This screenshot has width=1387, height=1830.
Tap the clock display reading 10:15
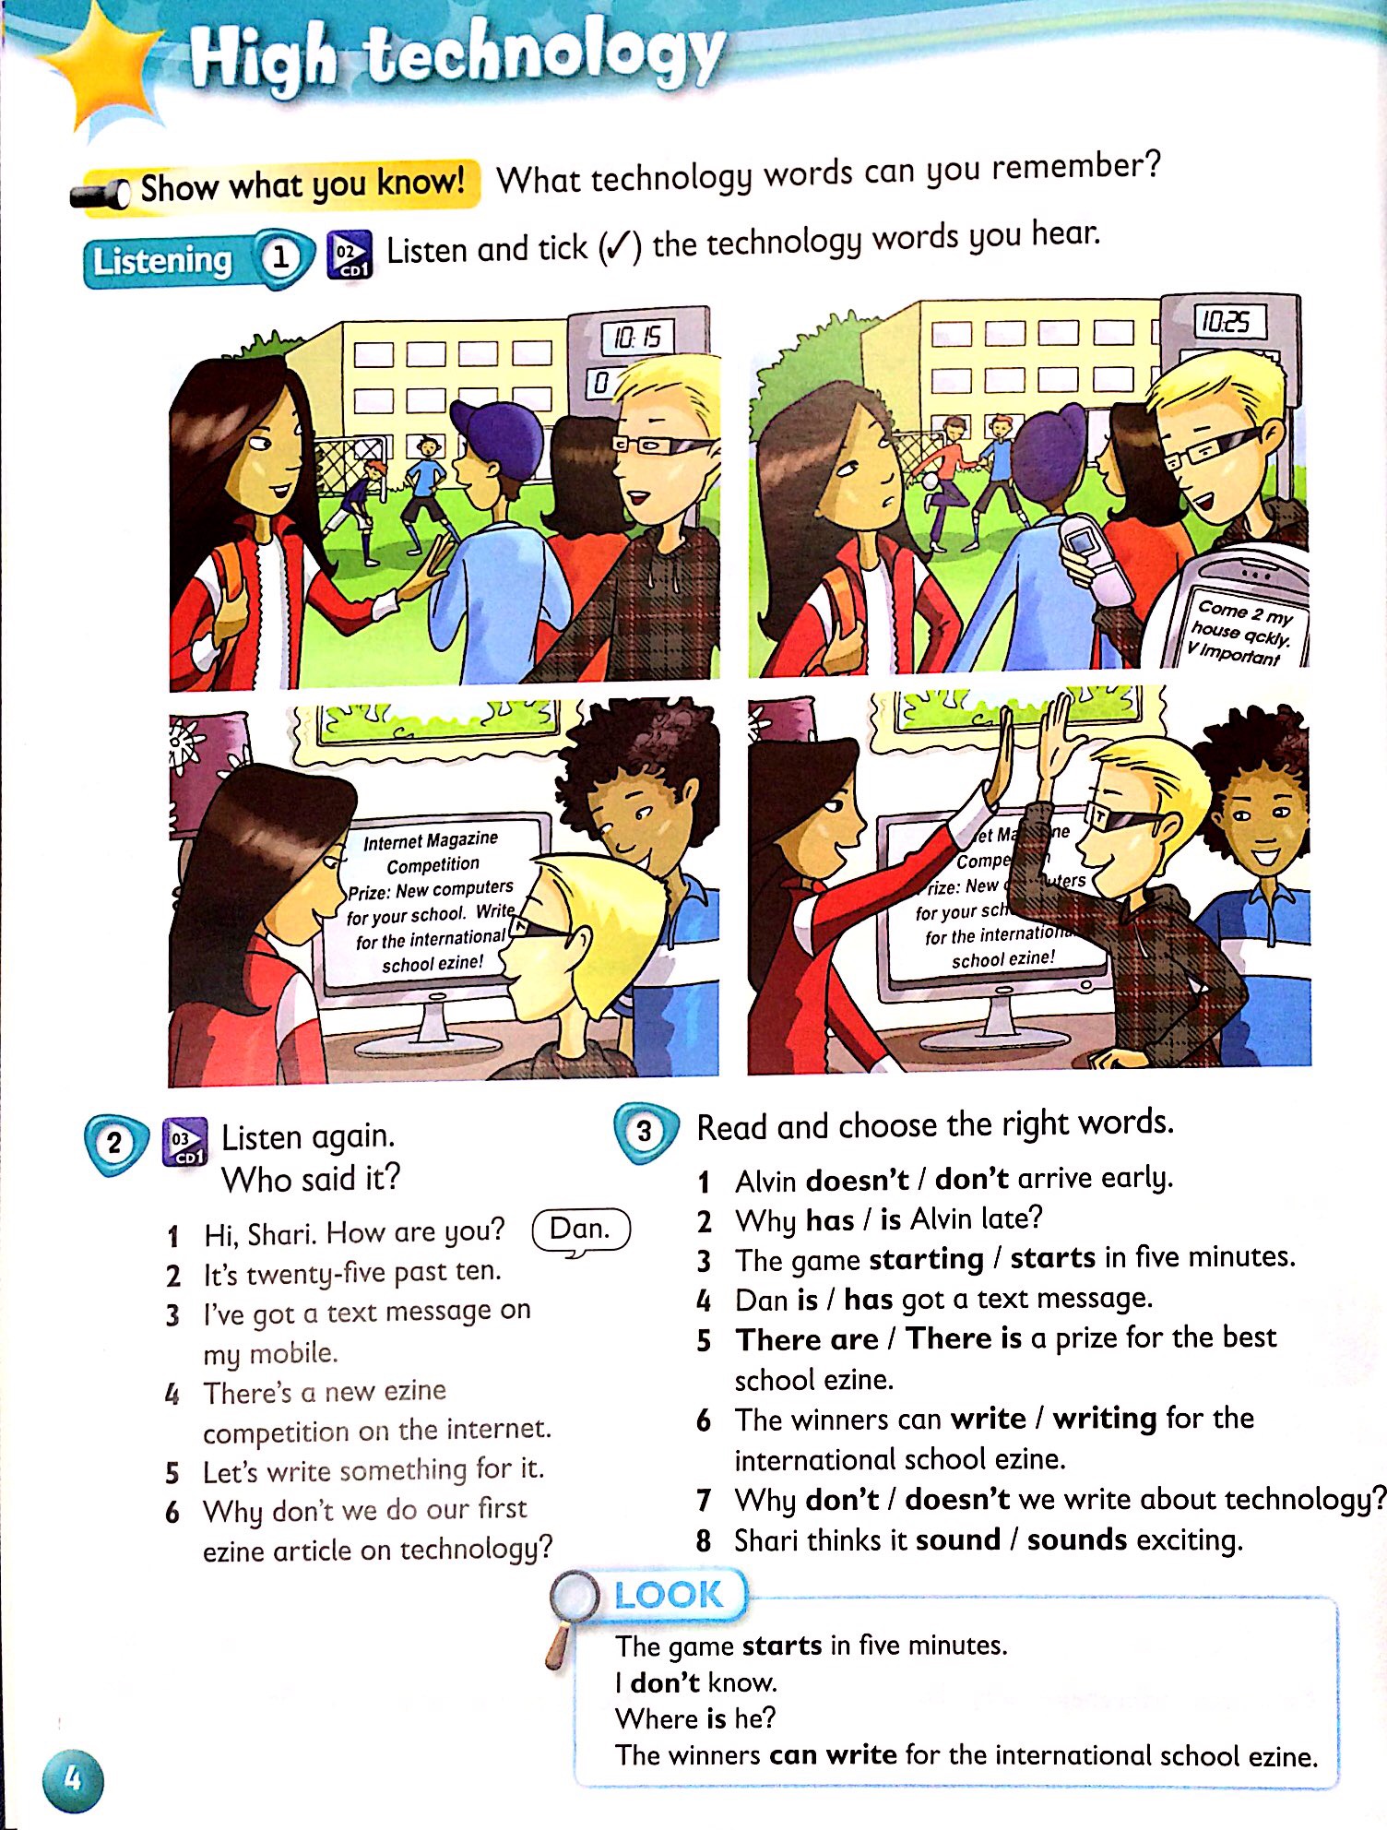pos(637,338)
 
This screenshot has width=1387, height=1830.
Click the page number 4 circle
pos(71,1777)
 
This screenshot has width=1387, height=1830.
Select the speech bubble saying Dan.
pos(581,1230)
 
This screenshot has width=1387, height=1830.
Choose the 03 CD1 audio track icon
pos(184,1143)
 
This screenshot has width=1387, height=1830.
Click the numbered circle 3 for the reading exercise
pos(644,1131)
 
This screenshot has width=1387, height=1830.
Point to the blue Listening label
pos(163,261)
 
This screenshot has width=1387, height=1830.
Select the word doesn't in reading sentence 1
pos(858,1180)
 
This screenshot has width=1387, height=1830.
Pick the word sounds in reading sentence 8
pos(1077,1539)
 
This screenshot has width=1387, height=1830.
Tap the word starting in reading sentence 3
pos(927,1259)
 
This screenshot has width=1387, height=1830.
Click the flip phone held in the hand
pos(1090,558)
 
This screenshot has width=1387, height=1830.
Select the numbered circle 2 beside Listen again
pos(114,1144)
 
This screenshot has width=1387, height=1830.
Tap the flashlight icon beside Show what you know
pos(101,195)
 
